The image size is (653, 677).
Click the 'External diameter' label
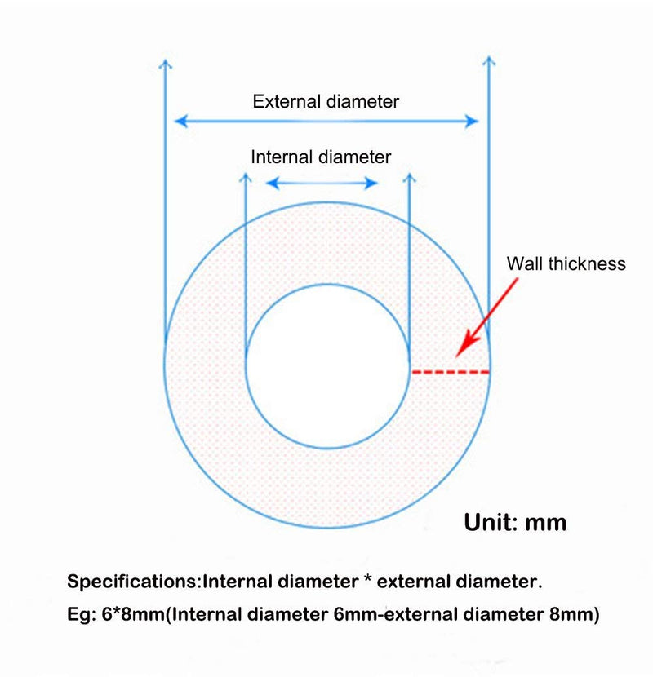[326, 101]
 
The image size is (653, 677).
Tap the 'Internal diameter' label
[321, 157]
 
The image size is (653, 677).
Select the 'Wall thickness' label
[566, 263]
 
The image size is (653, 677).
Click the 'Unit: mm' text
[515, 522]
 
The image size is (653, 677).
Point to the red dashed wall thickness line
[451, 372]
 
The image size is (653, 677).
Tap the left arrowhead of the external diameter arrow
[180, 121]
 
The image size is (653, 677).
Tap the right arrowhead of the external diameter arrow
[472, 121]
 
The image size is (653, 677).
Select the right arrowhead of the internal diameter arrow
[371, 183]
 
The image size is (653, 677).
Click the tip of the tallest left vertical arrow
[165, 60]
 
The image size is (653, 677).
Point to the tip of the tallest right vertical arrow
[489, 56]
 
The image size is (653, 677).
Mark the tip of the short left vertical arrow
[246, 173]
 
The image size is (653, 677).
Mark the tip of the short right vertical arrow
[409, 173]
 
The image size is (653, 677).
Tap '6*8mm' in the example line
[134, 614]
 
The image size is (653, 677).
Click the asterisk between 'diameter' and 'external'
[368, 578]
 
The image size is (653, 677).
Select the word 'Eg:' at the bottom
[82, 615]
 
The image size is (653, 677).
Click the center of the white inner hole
[327, 366]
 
